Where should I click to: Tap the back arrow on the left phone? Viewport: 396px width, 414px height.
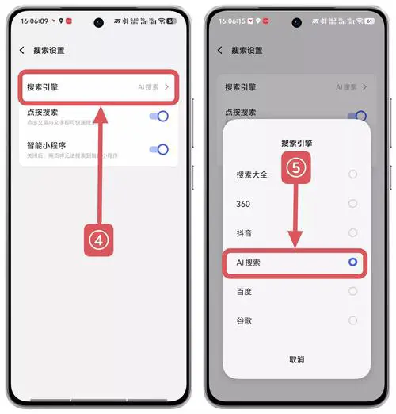coord(21,50)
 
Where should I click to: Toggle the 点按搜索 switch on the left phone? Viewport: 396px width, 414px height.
coord(159,117)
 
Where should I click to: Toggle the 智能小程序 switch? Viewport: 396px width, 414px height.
coord(159,149)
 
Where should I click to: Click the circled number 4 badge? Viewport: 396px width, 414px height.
coord(99,240)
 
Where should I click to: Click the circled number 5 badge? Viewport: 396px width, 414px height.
coord(294,168)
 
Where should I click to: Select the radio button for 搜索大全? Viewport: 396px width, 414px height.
coord(352,174)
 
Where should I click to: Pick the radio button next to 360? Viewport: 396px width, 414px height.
coord(352,204)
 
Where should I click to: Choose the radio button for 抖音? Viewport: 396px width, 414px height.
coord(352,233)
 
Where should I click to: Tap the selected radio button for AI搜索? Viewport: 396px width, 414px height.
coord(352,262)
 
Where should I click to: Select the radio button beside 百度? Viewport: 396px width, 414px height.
coord(352,291)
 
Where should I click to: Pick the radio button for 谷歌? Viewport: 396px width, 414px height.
coord(352,320)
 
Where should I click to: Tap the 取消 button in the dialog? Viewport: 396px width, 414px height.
coord(296,359)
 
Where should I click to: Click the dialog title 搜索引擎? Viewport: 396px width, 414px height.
coord(296,144)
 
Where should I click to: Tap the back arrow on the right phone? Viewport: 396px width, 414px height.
coord(219,50)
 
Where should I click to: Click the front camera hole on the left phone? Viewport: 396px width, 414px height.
coord(98,22)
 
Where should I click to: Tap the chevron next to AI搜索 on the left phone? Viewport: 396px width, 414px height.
coord(167,87)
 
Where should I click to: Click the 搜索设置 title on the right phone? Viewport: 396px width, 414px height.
coord(247,50)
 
